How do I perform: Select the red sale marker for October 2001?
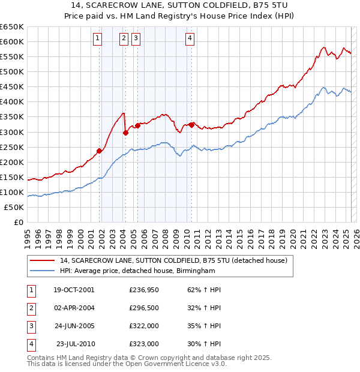tap(99, 150)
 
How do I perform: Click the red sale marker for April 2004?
tap(125, 133)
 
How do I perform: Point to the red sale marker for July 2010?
tap(192, 125)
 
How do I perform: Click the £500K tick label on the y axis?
tap(11, 71)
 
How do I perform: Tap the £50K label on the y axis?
tap(14, 207)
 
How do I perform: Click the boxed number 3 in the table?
tap(30, 326)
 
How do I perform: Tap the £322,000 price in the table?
tap(144, 326)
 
